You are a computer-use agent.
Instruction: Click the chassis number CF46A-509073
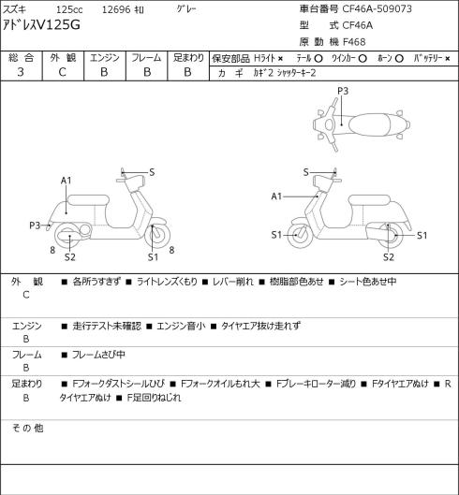(x=378, y=8)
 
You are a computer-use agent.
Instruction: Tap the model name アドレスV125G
(x=41, y=24)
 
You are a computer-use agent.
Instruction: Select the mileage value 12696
(x=116, y=9)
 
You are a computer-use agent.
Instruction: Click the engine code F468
(x=354, y=42)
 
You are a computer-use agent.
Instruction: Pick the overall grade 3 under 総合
(x=21, y=72)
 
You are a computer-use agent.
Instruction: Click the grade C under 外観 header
(x=62, y=72)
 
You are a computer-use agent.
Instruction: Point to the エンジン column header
(x=105, y=58)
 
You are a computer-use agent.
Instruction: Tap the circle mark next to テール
(x=318, y=58)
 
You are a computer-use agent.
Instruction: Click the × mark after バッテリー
(x=448, y=58)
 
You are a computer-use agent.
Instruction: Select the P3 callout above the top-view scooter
(x=343, y=91)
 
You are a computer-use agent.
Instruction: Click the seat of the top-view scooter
(x=369, y=124)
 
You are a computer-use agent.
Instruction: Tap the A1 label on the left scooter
(x=67, y=181)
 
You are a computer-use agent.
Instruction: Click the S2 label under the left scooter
(x=70, y=257)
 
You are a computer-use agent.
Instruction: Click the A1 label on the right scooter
(x=276, y=197)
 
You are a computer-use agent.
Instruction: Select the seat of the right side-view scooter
(x=369, y=200)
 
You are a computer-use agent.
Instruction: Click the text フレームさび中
(x=98, y=355)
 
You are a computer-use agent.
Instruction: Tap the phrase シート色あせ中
(x=367, y=282)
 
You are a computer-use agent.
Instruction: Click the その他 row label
(x=27, y=428)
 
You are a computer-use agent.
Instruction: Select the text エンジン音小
(x=181, y=326)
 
